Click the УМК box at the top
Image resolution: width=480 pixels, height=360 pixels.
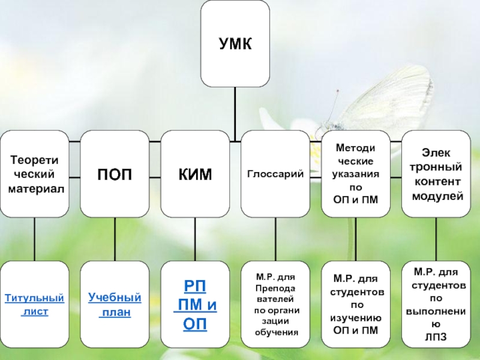coord(235,44)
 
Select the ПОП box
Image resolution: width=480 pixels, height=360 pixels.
coord(115,174)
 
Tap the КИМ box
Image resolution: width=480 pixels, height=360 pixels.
coord(195,174)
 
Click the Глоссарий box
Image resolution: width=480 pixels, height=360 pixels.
coord(275,174)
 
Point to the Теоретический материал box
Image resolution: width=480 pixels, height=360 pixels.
coord(34,174)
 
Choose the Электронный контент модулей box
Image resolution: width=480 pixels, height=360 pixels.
coord(436,174)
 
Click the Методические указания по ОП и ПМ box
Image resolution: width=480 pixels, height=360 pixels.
coord(356,174)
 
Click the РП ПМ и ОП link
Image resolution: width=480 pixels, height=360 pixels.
coord(195,304)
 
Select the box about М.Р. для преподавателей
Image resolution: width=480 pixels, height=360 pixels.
coord(275,305)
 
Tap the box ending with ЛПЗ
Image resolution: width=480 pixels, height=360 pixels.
coord(436,305)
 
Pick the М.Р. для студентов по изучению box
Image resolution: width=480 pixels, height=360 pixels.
coord(356,305)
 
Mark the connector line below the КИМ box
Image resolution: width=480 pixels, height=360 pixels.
coord(195,239)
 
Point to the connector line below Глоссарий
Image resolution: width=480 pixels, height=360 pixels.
coord(275,239)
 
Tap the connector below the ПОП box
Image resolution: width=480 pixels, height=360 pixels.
coord(115,239)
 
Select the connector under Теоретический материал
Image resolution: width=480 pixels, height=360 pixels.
coord(34,239)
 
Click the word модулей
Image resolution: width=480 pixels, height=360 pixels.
coord(436,196)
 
